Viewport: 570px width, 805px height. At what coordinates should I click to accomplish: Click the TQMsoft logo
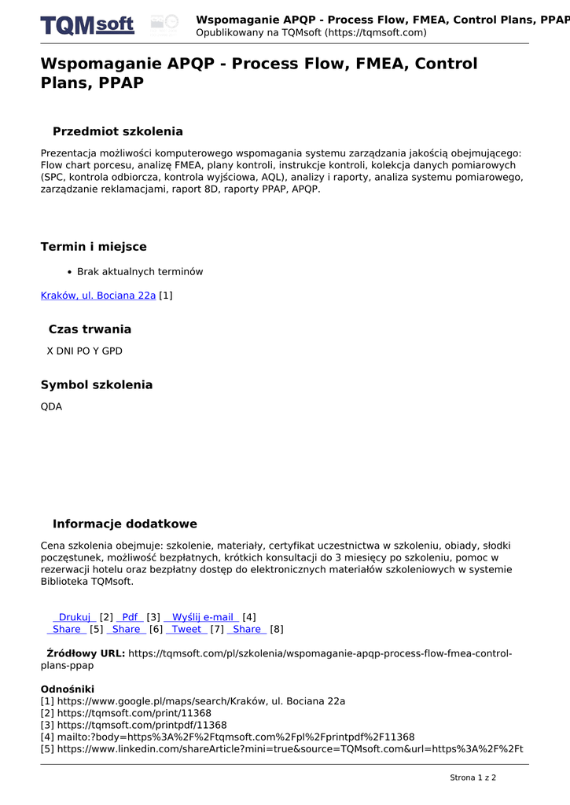click(87, 25)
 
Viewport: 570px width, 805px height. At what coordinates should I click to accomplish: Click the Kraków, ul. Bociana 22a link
click(98, 296)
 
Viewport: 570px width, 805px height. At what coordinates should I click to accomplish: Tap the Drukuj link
click(75, 617)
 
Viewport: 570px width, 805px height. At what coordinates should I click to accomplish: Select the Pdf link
click(130, 617)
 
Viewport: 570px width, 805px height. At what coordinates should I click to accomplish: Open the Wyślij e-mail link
click(201, 617)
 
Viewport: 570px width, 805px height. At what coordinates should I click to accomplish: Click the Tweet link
click(186, 629)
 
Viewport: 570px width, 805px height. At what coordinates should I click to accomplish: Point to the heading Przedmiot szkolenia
click(117, 131)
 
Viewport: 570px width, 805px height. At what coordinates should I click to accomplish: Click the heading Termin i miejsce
click(94, 247)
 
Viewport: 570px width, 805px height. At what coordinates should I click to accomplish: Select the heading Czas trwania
click(90, 329)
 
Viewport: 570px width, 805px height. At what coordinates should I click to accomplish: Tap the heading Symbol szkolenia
click(97, 385)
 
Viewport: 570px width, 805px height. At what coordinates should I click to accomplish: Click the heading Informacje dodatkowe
click(124, 524)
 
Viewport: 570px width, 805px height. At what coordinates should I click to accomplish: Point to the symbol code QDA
click(51, 407)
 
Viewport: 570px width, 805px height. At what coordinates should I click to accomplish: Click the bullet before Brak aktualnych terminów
click(70, 272)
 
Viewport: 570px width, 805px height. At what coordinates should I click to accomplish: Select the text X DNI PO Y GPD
click(85, 351)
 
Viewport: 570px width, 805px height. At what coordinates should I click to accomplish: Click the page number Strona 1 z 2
click(473, 778)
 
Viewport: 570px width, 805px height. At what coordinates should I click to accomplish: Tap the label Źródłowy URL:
click(86, 653)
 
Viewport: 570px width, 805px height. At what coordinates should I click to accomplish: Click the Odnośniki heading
click(67, 689)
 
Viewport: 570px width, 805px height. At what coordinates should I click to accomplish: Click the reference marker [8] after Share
click(277, 629)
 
